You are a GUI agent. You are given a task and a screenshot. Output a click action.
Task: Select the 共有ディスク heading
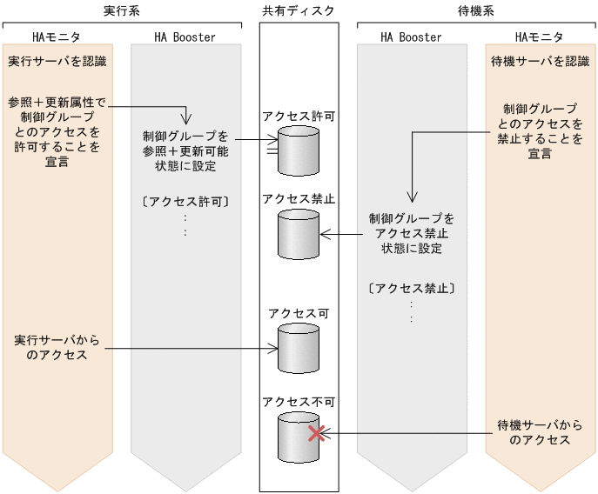[299, 10]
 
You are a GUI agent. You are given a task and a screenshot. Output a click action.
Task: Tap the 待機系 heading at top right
[477, 10]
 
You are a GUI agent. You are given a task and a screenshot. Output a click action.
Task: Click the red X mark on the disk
[317, 433]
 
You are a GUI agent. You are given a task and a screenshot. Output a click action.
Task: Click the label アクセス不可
[299, 402]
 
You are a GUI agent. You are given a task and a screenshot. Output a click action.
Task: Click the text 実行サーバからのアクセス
[57, 346]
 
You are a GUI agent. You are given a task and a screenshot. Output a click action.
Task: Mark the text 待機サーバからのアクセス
[540, 432]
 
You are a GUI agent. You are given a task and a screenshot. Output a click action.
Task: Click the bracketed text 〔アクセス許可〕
[185, 201]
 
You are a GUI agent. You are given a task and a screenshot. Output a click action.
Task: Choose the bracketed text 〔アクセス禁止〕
[411, 287]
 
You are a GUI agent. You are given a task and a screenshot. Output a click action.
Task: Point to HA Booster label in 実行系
[185, 37]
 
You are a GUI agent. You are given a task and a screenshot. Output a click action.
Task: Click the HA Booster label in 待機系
[411, 37]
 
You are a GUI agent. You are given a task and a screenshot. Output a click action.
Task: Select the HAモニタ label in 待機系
[540, 37]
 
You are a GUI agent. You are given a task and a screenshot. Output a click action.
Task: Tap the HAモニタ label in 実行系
[57, 37]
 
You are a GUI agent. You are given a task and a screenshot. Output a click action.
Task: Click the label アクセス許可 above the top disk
[299, 116]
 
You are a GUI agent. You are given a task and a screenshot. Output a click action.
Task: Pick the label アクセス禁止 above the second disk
[299, 199]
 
